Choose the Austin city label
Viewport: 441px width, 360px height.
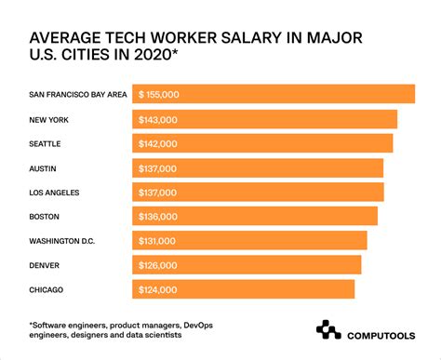pos(46,167)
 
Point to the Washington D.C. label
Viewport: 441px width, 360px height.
pos(62,240)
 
